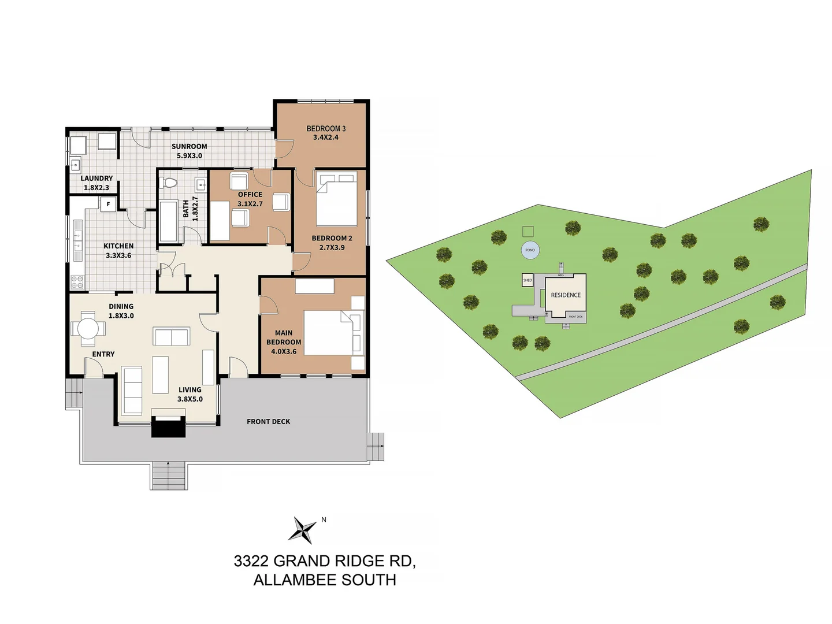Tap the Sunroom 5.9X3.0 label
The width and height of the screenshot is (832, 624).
[189, 151]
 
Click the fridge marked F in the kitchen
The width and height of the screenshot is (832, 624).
[108, 204]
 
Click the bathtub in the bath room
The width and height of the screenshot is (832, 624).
[169, 222]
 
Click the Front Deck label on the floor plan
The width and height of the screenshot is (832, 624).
[268, 422]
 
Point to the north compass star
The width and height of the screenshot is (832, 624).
[303, 529]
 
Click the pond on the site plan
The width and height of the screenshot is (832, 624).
[530, 250]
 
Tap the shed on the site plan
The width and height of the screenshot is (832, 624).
[528, 280]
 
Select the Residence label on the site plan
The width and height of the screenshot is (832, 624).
[566, 295]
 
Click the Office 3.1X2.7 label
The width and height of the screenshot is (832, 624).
[250, 199]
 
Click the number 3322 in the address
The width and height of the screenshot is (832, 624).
[251, 561]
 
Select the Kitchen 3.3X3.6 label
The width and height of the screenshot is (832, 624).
[118, 250]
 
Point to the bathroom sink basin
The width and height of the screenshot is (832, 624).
[200, 185]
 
